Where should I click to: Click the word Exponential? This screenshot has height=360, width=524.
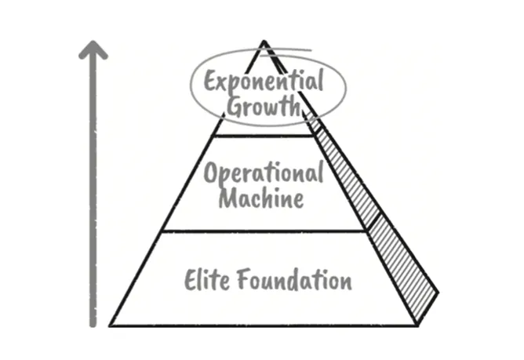click(x=263, y=82)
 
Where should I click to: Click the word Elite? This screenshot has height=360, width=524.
click(x=205, y=279)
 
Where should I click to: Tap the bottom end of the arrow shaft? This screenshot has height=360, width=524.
click(x=93, y=322)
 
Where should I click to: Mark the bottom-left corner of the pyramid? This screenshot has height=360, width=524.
click(x=110, y=324)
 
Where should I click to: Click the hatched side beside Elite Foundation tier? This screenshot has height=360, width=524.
click(x=400, y=267)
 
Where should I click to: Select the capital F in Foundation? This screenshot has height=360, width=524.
click(x=241, y=279)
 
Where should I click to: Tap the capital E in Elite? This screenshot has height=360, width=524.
click(x=191, y=279)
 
